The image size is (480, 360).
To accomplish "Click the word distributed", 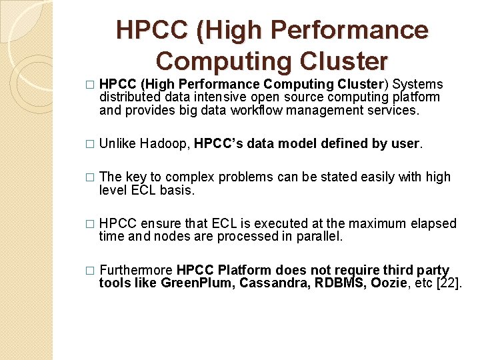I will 130,97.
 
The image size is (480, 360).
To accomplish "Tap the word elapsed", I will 432,223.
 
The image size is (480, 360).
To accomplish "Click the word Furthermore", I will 136,270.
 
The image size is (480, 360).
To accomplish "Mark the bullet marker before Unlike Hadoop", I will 91,144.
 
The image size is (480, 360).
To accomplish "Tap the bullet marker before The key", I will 91,177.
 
